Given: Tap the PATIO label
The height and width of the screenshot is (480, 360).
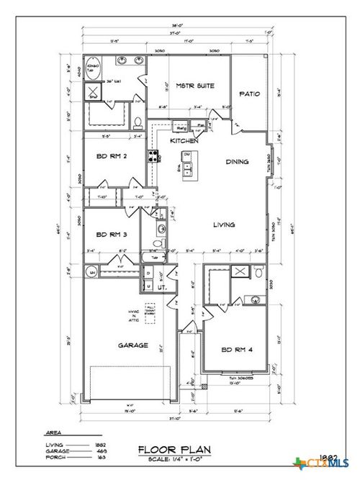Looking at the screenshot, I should coord(249,94).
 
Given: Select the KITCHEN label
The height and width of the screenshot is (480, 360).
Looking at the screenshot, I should coord(184,141).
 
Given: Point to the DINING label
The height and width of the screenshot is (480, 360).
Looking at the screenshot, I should coord(238,162).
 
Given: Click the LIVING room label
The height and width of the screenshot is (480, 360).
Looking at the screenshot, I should coord(225,225).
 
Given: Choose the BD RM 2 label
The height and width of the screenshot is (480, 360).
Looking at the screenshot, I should coord(112,155).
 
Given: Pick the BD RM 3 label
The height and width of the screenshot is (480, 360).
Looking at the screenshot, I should coord(112,233).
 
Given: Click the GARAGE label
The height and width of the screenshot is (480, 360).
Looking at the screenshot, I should coord(133,345).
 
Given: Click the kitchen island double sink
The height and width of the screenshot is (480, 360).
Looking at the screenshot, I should coord(187,170).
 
